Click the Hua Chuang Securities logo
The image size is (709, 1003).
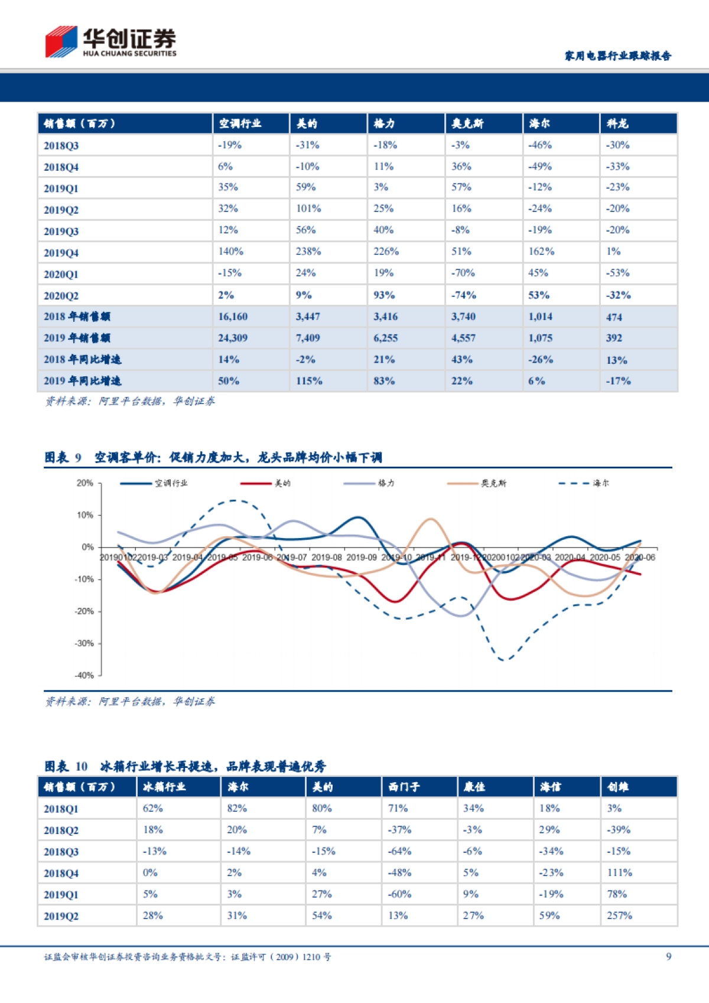click(x=110, y=41)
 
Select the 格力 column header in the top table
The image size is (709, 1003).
click(x=384, y=123)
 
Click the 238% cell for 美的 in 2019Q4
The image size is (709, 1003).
click(x=308, y=252)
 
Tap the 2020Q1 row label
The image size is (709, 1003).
click(x=61, y=274)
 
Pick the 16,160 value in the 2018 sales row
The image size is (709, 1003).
click(x=233, y=317)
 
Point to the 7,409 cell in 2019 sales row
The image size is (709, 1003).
click(x=308, y=338)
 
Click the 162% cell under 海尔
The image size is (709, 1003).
click(x=541, y=252)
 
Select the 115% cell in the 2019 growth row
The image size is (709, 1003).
click(x=309, y=381)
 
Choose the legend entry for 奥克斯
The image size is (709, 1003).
click(x=477, y=483)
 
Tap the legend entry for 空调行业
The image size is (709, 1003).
click(x=154, y=483)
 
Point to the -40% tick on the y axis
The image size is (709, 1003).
click(x=84, y=675)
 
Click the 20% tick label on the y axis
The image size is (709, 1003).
click(x=85, y=483)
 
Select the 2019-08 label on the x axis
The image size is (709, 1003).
click(x=327, y=557)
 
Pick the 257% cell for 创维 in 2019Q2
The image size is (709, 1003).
click(x=619, y=916)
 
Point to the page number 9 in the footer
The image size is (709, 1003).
click(x=668, y=956)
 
